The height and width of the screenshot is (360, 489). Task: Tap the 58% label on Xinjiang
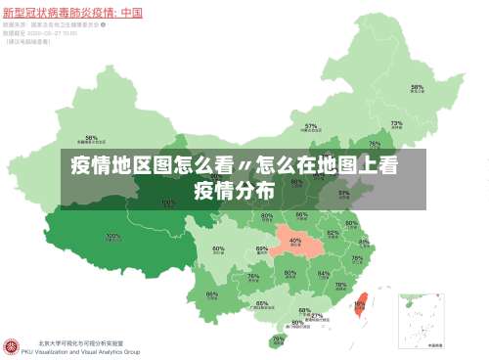(x=91, y=138)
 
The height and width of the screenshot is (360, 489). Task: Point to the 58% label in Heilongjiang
(x=418, y=87)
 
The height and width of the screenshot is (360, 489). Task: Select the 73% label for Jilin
(x=397, y=124)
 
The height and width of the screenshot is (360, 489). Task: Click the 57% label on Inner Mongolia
(x=311, y=126)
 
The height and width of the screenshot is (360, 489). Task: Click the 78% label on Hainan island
(x=279, y=338)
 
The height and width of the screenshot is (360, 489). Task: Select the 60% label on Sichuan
(x=218, y=249)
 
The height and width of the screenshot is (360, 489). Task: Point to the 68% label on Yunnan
(x=211, y=294)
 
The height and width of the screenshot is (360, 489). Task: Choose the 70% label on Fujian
(x=340, y=286)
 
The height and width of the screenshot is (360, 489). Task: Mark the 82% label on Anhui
(x=333, y=234)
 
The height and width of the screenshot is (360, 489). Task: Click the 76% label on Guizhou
(x=254, y=277)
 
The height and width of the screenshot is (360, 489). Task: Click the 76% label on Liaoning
(x=375, y=144)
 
